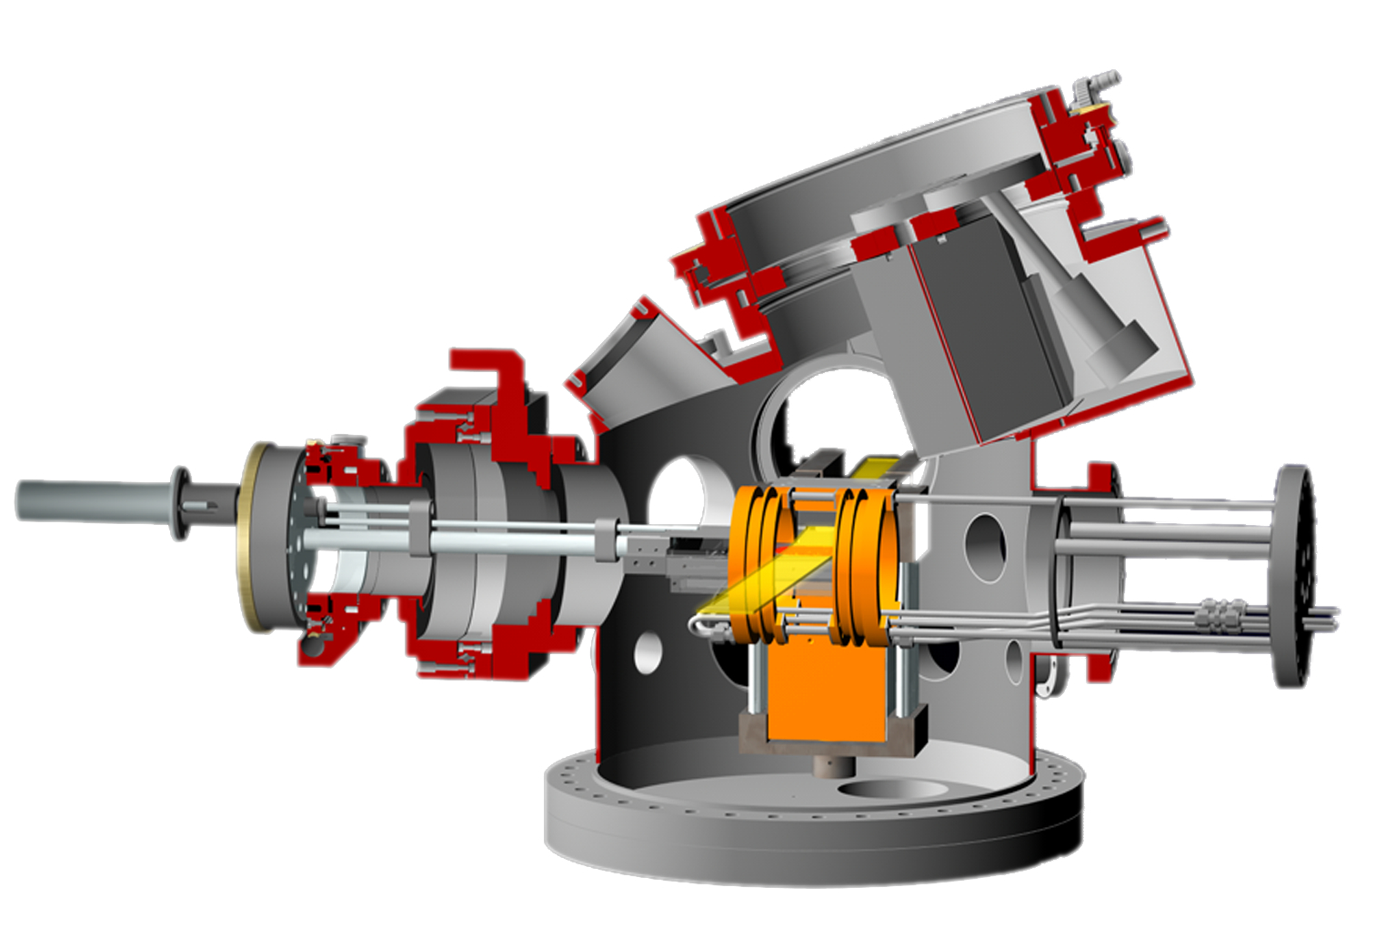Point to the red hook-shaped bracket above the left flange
(491, 373)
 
